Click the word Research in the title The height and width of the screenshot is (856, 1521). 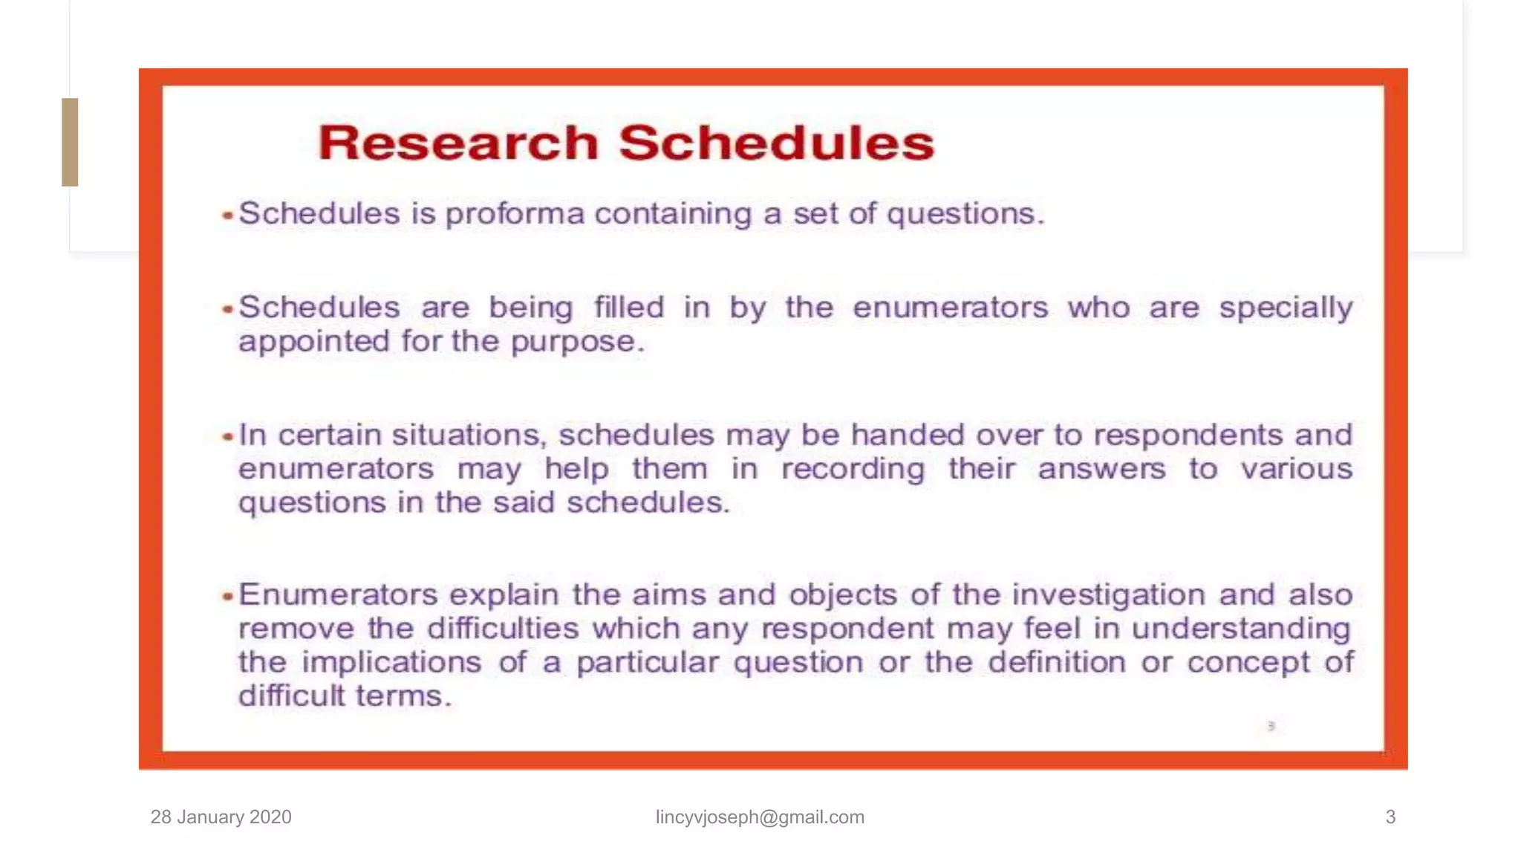pyautogui.click(x=457, y=143)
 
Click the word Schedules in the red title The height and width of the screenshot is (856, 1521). pyautogui.click(x=776, y=143)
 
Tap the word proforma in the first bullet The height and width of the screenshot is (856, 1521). pyautogui.click(x=515, y=215)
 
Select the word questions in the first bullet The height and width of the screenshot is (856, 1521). pyautogui.click(x=965, y=215)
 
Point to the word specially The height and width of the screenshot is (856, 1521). pyautogui.click(x=1286, y=308)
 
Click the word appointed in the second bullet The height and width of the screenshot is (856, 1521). pyautogui.click(x=313, y=342)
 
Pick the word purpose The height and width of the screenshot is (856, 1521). pyautogui.click(x=576, y=343)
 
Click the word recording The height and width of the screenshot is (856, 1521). pyautogui.click(x=853, y=470)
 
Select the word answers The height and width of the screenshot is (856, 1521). pyautogui.click(x=1101, y=469)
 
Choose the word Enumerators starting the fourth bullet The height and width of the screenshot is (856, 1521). pyautogui.click(x=338, y=594)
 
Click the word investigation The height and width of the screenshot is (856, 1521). pyautogui.click(x=1108, y=595)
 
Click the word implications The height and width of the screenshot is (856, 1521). pyautogui.click(x=391, y=663)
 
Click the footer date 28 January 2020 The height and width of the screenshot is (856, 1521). pyautogui.click(x=221, y=817)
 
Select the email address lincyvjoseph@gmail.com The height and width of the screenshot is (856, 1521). pyautogui.click(x=760, y=817)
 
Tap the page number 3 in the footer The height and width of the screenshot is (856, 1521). pyautogui.click(x=1390, y=817)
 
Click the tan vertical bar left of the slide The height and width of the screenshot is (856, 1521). pyautogui.click(x=70, y=142)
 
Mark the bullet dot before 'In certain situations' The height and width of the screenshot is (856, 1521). pyautogui.click(x=228, y=437)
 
